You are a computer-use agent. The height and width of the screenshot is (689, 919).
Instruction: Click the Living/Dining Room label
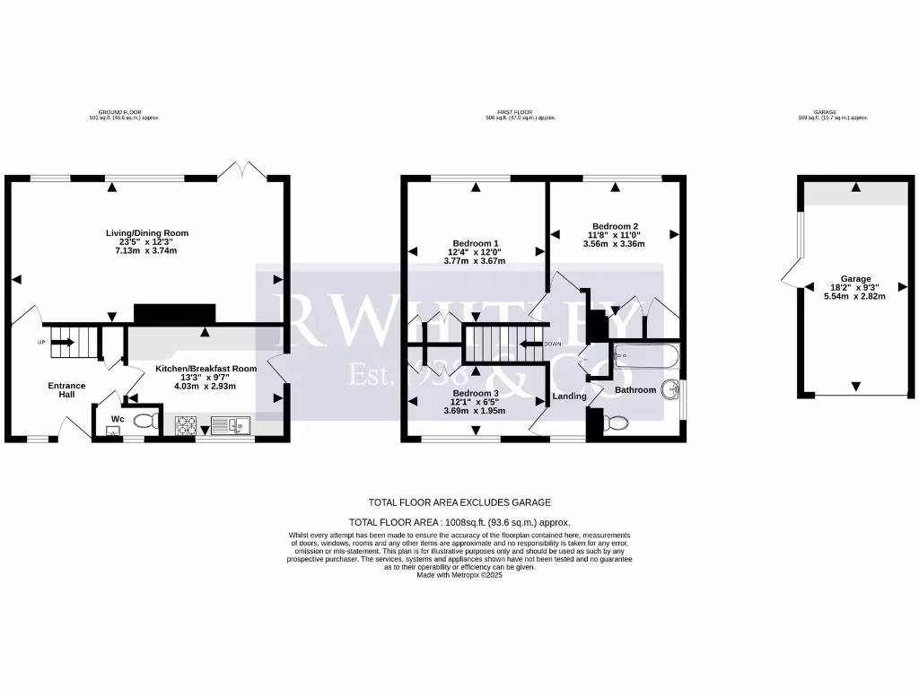pos(147,233)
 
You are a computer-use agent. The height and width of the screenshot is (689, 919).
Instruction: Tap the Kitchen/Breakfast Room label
pos(206,369)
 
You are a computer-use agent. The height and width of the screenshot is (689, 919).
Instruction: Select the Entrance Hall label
pos(66,389)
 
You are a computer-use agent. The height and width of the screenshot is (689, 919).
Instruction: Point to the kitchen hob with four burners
pos(187,425)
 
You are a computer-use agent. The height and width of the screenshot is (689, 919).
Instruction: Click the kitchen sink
pos(232,425)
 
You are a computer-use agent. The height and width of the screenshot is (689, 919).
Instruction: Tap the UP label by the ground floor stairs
pos(41,342)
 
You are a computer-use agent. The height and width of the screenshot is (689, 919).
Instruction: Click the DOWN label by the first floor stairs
pos(553,344)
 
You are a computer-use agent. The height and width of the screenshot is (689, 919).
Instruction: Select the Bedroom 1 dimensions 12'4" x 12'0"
pos(475,252)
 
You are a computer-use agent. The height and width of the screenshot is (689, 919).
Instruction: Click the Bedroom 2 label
pos(615,226)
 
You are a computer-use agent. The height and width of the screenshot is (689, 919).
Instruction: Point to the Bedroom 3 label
pos(475,393)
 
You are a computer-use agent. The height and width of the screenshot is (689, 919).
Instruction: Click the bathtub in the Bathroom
pos(645,357)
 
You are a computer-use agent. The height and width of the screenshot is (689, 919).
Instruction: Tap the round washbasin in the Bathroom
pos(668,389)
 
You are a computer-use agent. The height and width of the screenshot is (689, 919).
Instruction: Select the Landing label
pos(569,396)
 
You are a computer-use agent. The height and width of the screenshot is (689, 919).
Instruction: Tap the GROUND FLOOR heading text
pos(129,112)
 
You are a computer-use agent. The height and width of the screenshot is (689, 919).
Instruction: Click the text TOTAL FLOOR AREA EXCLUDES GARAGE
pos(459,502)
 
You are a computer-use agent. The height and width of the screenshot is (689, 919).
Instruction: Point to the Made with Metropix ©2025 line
pos(459,574)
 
